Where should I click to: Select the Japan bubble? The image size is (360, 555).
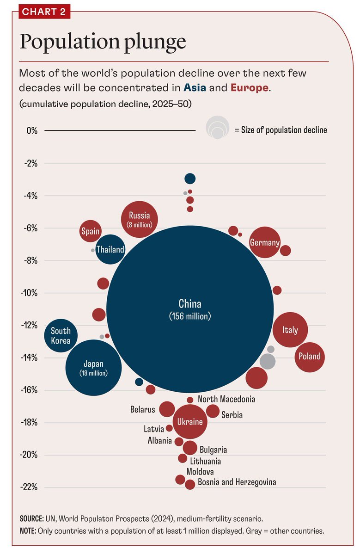pos(94,368)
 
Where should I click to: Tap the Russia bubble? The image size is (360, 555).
pos(139,219)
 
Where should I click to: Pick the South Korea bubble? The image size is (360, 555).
pos(61,336)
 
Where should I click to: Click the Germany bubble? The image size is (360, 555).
pos(265,242)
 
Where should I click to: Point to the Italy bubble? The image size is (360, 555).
pos(290,330)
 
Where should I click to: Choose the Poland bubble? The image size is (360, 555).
pos(309,357)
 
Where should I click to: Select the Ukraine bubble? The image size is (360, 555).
pos(190,422)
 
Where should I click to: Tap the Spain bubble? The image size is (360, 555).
pos(90,232)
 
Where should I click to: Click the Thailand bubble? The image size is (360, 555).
pos(110,250)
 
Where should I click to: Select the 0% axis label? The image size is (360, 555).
pos(31,130)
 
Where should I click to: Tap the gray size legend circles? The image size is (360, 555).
pos(217,128)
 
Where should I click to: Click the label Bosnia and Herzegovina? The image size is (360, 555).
pos(237,482)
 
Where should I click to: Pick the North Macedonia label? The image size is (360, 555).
pos(226,399)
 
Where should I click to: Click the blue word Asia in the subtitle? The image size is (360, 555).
pos(195,87)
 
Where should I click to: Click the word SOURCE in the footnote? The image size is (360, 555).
pos(31,519)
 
